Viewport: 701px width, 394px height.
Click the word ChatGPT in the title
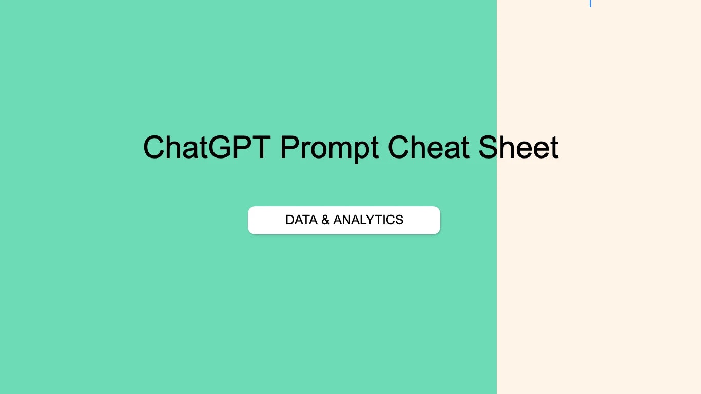[x=206, y=148]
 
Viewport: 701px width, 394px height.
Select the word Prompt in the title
[x=329, y=148]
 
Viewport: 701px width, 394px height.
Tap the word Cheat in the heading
[x=428, y=148]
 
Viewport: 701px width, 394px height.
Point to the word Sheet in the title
[x=518, y=148]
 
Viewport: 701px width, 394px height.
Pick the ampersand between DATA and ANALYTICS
[x=325, y=220]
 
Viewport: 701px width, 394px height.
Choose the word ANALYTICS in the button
[x=368, y=220]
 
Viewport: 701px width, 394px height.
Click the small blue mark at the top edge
[x=590, y=3]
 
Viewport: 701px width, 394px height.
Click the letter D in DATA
[x=290, y=220]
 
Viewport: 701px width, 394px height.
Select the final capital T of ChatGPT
[x=261, y=148]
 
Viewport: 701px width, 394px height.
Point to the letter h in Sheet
[x=509, y=148]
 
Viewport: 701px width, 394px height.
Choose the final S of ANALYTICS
[x=399, y=220]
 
